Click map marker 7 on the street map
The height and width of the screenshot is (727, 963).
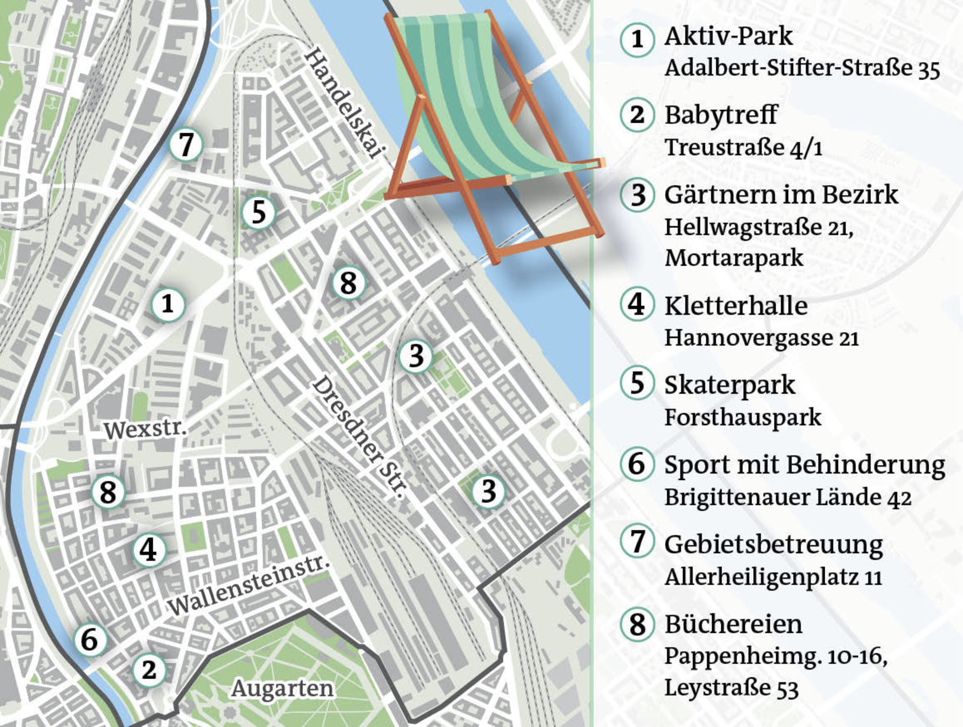click(x=186, y=145)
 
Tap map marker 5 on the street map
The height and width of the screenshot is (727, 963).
click(x=259, y=212)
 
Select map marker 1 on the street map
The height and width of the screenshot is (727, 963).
click(x=168, y=304)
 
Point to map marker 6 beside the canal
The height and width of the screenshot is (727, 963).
click(x=90, y=640)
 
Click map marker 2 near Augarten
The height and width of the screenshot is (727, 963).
click(x=149, y=670)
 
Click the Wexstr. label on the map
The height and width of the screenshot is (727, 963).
click(x=145, y=430)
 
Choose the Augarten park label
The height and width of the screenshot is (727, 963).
click(x=282, y=689)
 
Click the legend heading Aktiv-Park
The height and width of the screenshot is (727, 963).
click(x=728, y=36)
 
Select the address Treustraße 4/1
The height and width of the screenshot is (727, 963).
click(x=743, y=148)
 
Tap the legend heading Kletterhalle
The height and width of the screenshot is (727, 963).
click(x=736, y=306)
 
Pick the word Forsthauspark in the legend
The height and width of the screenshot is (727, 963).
click(x=742, y=417)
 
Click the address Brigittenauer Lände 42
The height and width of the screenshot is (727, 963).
click(x=788, y=497)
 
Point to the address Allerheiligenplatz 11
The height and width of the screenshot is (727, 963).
click(x=773, y=577)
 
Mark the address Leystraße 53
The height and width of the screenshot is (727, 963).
click(x=731, y=688)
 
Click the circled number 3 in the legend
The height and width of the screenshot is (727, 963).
click(x=638, y=195)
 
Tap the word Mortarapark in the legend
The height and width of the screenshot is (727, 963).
click(x=734, y=258)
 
